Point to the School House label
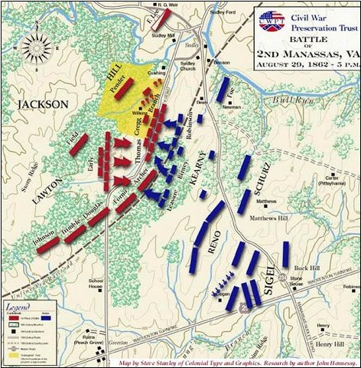point(99,283)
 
